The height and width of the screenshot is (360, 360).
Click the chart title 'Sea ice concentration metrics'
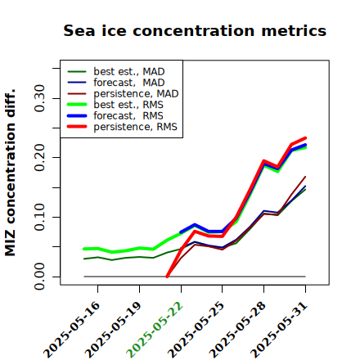point(195,31)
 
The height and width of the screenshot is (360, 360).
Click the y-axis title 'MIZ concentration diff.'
point(10,173)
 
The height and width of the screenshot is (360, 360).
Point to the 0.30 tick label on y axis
point(40,98)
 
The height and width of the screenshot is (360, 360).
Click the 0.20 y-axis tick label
point(40,157)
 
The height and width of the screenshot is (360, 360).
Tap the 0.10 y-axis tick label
point(40,217)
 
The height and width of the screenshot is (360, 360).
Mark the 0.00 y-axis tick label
point(40,277)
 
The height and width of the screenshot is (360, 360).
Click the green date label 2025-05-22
point(154,330)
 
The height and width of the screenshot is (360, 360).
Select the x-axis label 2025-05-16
point(71,330)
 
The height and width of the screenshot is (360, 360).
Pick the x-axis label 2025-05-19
point(113,330)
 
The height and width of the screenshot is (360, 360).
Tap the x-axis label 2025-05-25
point(196,330)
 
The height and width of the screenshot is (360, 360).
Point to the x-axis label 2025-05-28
point(237,330)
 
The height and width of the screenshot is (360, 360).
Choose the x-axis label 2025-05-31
point(279,330)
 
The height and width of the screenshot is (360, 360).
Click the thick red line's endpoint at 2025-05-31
point(305,138)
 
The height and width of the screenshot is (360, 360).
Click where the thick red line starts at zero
point(167,277)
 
